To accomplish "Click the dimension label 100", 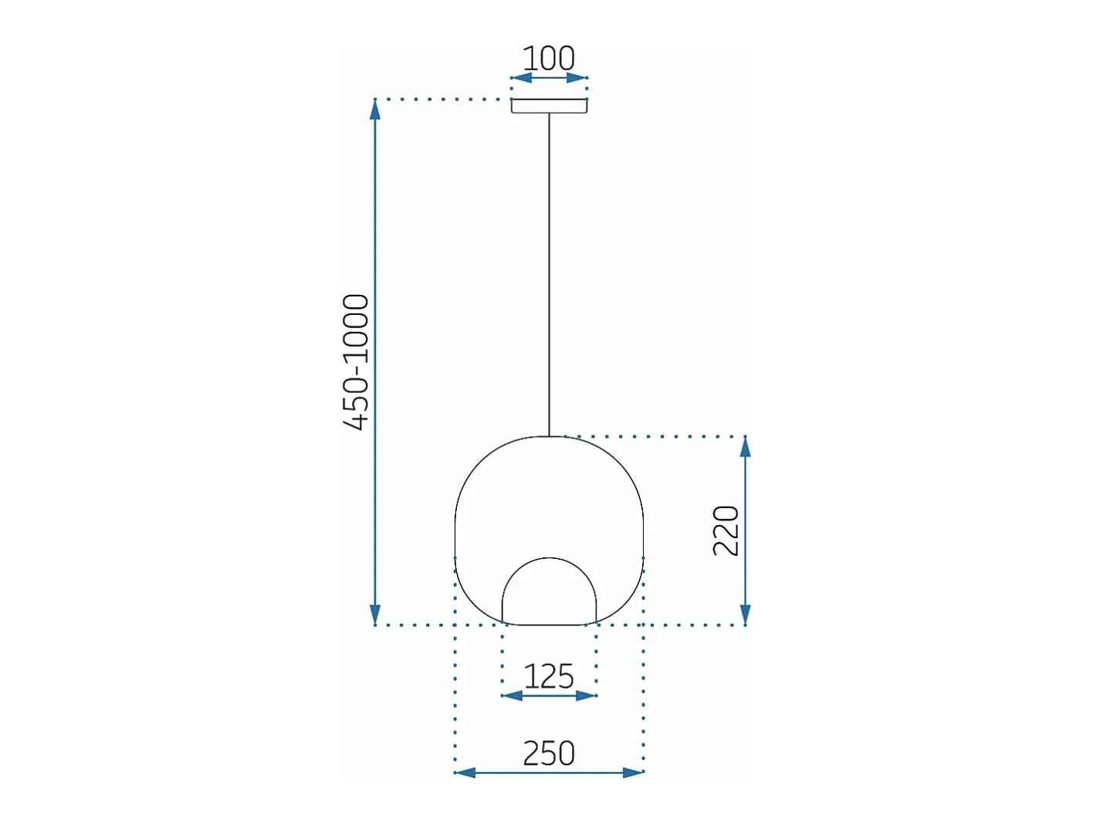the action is pos(548,59).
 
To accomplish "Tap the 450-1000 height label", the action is pos(356,362).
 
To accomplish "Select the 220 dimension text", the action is pos(726,531).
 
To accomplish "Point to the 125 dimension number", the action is pos(548,676).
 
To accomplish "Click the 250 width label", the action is pos(549,753).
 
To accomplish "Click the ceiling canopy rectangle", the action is pos(549,106).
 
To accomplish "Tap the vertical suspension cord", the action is pos(550,275).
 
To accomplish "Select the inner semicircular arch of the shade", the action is pos(550,558).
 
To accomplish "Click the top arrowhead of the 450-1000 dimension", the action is pos(375,110).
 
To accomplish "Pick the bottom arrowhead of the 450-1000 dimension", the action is pos(375,615).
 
